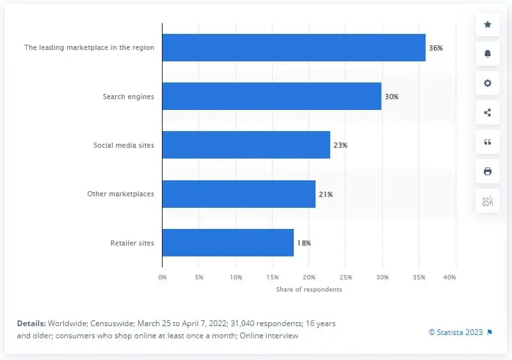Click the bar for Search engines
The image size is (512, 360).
pos(271,97)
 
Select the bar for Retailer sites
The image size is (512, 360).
pos(228,243)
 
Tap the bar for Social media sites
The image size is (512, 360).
pos(246,145)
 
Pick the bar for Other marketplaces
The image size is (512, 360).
pos(239,194)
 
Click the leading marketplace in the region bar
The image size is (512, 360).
pos(293,48)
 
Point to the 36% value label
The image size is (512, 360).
pos(435,48)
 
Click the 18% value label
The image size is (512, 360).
pos(303,243)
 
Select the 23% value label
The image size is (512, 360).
pos(340,145)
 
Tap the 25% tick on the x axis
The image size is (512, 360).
pos(346,277)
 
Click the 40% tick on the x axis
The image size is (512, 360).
pos(449,277)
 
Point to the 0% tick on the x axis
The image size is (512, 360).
pos(162,277)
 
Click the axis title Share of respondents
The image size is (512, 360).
pos(309,290)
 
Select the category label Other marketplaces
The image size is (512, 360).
pos(120,194)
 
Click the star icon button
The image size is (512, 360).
pos(488,24)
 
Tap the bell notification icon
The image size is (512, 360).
pos(488,54)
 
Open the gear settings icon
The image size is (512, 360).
pos(488,83)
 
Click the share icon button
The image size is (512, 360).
pos(488,113)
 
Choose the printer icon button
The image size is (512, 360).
pos(488,171)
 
